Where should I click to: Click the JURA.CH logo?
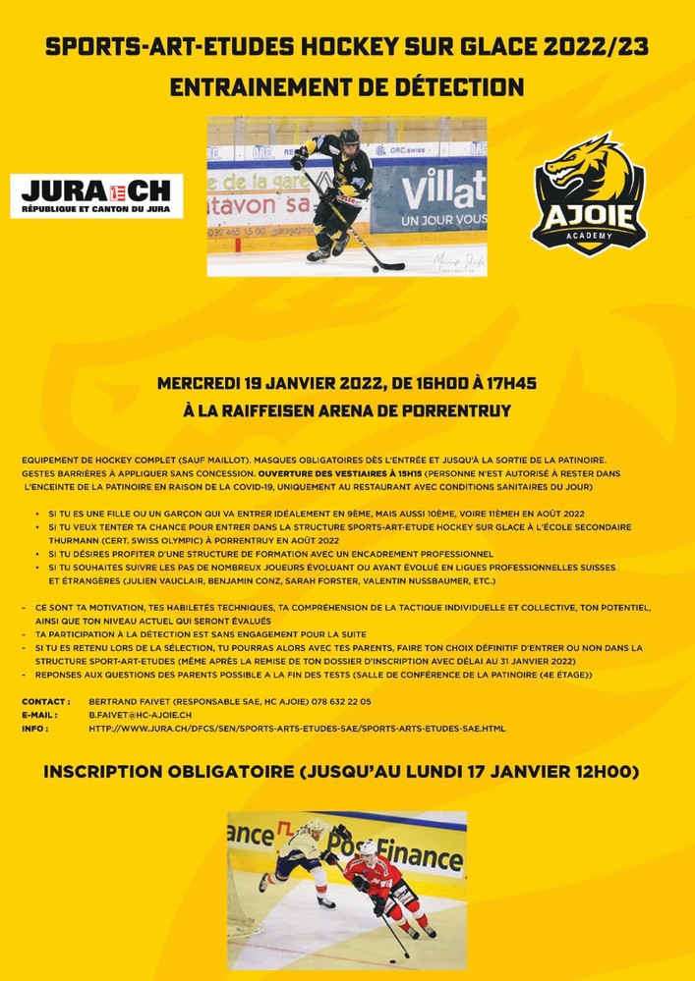[95, 195]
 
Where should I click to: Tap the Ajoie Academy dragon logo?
[588, 193]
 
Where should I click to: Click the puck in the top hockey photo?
[375, 267]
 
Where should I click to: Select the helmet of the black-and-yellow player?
[349, 138]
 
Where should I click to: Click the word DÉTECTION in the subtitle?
[456, 86]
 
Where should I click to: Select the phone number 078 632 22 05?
[335, 702]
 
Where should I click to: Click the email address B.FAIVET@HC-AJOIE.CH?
[140, 716]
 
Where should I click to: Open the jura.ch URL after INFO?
[297, 729]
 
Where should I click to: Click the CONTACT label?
[46, 702]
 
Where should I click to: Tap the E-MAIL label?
[42, 716]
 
